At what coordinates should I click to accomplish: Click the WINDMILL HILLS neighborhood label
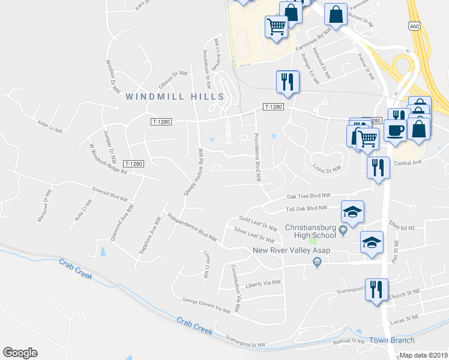[174, 96]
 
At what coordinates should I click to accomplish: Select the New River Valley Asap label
[283, 251]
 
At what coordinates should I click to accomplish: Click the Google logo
[20, 353]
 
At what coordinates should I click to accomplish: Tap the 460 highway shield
[414, 26]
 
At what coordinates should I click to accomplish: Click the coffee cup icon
[395, 131]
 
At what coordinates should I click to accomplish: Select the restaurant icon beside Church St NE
[376, 289]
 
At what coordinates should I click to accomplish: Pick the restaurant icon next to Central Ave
[378, 167]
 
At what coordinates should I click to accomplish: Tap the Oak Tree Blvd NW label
[309, 196]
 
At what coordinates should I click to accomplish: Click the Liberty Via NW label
[264, 282]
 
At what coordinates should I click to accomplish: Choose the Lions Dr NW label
[327, 170]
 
